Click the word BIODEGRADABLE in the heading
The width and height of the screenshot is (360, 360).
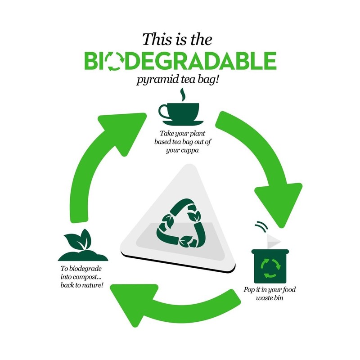pos(180,61)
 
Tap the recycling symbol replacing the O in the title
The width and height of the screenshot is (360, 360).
pos(114,61)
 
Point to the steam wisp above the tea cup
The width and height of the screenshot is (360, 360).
pos(183,94)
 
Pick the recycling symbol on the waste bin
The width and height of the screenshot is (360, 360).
pos(270,268)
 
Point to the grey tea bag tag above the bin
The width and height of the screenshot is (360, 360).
pos(273,242)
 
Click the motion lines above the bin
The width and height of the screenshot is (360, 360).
pos(262,226)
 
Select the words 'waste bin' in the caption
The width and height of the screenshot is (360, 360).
pos(270,298)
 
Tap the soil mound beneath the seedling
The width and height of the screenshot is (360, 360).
pos(83,256)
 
